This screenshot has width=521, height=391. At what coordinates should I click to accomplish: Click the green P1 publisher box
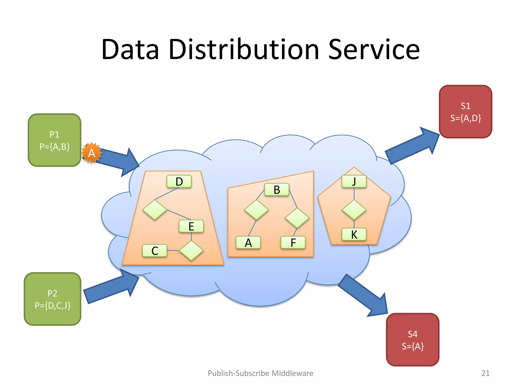[x=54, y=140]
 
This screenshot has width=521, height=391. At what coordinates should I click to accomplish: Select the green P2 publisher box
[x=52, y=299]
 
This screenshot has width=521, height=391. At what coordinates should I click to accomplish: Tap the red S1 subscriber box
[x=466, y=112]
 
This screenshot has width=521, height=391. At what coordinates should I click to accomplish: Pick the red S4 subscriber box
[x=413, y=340]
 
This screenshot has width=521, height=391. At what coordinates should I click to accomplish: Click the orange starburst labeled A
[x=92, y=153]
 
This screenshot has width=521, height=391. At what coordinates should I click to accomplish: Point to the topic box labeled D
[x=179, y=181]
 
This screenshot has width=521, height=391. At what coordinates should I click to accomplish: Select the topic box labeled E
[x=191, y=226]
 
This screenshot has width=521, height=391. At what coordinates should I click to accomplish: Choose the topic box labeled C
[x=155, y=251]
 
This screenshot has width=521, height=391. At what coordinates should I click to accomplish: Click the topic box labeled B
[x=277, y=190]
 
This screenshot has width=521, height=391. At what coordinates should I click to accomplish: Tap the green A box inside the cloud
[x=248, y=243]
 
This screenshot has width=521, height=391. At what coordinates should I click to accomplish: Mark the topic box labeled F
[x=293, y=243]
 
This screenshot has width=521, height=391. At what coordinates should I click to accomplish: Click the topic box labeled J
[x=354, y=181]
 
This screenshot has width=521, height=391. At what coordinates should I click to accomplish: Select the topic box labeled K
[x=354, y=234]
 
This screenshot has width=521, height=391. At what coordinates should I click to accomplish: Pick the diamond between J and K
[x=354, y=210]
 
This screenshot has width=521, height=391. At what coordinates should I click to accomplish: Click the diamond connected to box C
[x=191, y=251]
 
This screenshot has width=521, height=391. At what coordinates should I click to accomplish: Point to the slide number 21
[x=485, y=373]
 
